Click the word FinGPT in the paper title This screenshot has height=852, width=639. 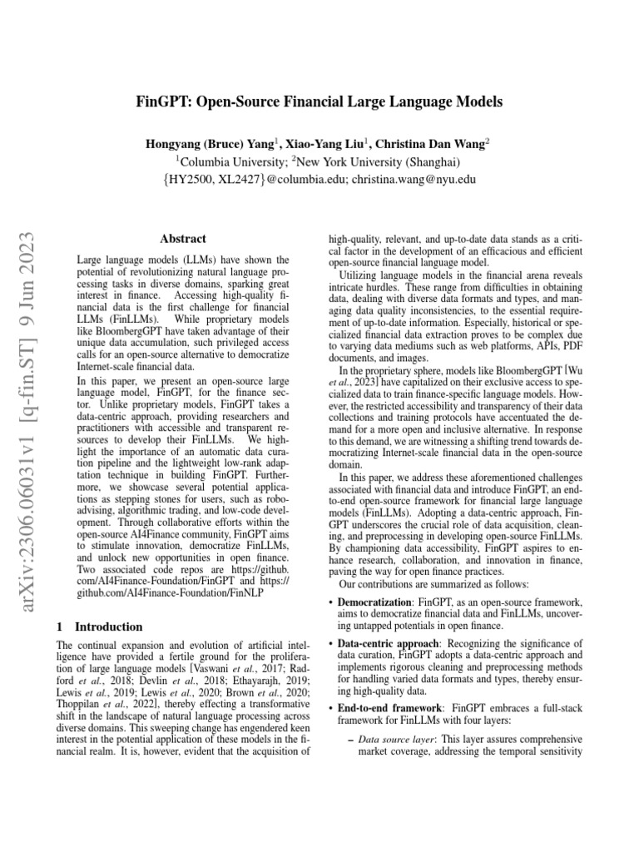(164, 103)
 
